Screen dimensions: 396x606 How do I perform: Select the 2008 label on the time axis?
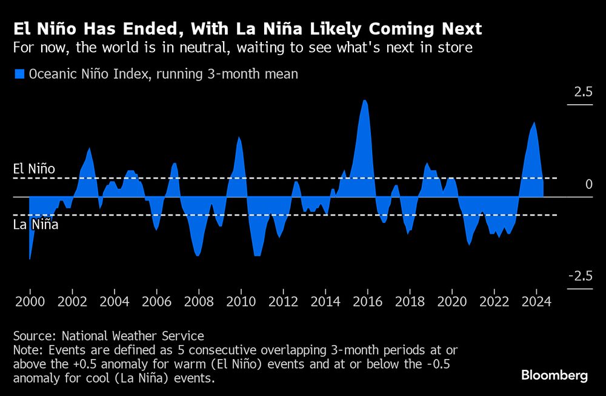coord(198,301)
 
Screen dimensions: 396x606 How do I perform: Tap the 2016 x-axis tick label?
coord(367,301)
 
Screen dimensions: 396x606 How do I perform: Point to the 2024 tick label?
coord(536,301)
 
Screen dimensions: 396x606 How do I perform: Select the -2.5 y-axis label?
coord(580,277)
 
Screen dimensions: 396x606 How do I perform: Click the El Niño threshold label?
coord(34,169)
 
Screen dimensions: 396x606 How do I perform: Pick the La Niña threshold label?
coord(36,225)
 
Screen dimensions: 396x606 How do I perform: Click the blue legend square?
coord(19,74)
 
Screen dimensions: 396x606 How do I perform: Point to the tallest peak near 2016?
coord(364,101)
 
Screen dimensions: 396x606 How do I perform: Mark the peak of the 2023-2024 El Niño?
coord(534,123)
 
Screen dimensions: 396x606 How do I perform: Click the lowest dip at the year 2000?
coord(30,259)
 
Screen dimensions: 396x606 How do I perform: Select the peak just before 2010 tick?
coord(239,137)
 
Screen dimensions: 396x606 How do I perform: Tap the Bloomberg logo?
coord(554,375)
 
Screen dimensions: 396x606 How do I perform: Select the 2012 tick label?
coord(282,301)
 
